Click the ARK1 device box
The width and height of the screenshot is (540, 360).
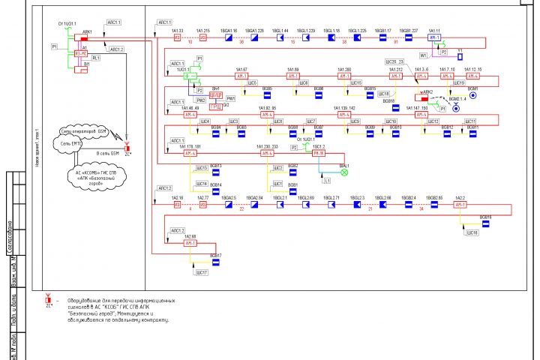[x=84, y=38]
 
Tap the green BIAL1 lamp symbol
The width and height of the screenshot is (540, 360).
[x=344, y=173]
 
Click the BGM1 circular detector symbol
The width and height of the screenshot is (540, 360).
[x=472, y=97]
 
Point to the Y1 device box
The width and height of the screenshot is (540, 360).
[x=460, y=56]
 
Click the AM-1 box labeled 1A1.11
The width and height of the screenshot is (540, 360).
[x=434, y=37]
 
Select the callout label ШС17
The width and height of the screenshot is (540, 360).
[x=202, y=273]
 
